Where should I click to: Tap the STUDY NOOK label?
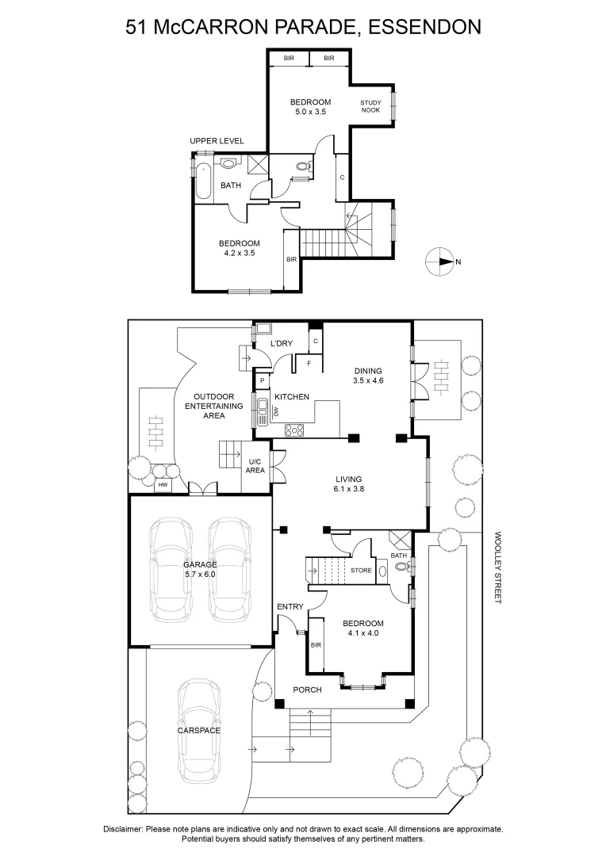coord(370,106)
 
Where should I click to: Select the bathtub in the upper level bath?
coord(204,181)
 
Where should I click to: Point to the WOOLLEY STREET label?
coord(498,567)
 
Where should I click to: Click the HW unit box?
coord(163,484)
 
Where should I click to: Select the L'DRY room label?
coord(282,343)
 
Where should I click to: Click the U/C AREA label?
coord(255,466)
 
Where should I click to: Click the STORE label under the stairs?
coord(361,570)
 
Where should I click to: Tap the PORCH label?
coord(307,690)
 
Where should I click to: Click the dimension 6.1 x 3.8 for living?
coord(348,489)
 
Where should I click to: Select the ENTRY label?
coord(290,607)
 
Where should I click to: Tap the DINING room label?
coord(369,370)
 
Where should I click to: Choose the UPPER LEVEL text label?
coord(217,141)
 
